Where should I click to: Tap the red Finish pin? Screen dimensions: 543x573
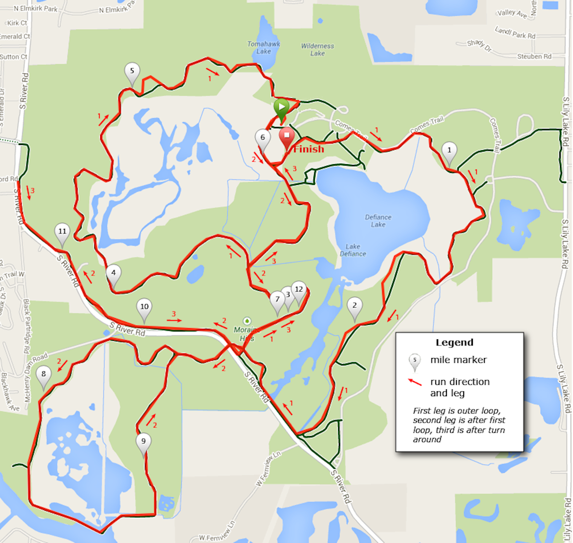pos(287,137)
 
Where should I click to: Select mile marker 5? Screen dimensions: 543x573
pos(132,72)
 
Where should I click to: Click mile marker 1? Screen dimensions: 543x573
pos(449,152)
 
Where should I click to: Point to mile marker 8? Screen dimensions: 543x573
pos(44,375)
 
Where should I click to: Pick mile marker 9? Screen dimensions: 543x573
pos(143,442)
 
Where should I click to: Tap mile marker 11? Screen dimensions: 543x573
pos(62,233)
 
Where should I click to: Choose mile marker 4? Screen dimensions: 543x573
pos(114,274)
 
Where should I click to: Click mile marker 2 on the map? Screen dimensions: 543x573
pos(355,307)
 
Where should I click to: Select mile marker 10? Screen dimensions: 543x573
pos(144,308)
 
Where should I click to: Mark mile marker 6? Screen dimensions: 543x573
pos(262,139)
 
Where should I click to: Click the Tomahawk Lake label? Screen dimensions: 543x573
pos(263,47)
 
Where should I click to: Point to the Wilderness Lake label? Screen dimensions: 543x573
pos(317,50)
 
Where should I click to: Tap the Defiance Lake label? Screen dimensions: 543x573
pos(378,220)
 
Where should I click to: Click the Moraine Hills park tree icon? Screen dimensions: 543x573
pos(247,321)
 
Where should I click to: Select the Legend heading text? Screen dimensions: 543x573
pos(454,342)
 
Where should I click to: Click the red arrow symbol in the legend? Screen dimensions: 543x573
pos(415,382)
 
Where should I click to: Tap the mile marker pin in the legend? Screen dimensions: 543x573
pos(415,361)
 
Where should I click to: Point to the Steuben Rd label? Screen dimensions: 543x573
pos(534,56)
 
